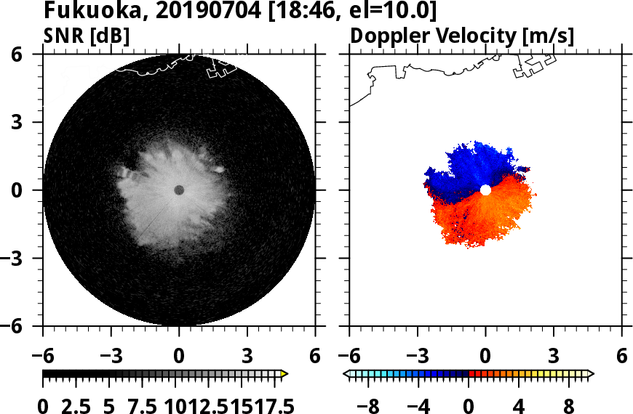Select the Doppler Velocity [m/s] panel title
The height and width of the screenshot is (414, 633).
click(463, 35)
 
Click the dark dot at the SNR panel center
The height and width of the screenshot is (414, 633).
click(179, 190)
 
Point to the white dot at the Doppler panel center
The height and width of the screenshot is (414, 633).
click(485, 190)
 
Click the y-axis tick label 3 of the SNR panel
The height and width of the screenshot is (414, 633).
click(28, 122)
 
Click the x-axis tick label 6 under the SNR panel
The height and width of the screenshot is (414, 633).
click(315, 357)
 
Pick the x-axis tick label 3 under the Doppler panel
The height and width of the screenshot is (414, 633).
click(554, 357)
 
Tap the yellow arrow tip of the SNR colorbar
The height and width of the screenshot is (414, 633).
click(284, 373)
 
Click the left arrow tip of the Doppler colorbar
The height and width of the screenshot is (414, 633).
click(347, 373)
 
